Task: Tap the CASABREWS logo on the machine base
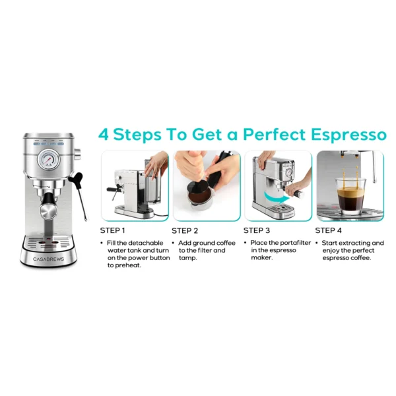coord(48,259)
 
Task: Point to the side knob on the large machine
coord(77,156)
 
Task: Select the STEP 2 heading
coord(185,231)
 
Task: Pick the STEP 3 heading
coord(257,231)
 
